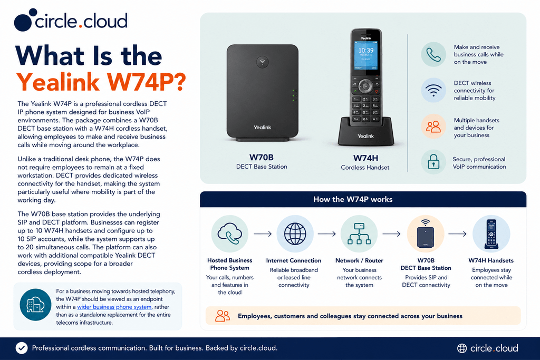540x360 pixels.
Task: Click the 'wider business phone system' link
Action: point(114,307)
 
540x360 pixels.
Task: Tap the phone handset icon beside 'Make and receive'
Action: point(433,54)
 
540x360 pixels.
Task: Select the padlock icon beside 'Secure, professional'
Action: point(433,161)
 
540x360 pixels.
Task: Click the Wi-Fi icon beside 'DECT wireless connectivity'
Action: point(433,91)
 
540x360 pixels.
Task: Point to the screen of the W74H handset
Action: point(366,55)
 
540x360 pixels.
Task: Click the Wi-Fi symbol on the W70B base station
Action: point(263,62)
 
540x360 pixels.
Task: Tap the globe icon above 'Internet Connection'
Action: point(295,233)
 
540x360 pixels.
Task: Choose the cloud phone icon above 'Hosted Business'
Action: point(229,233)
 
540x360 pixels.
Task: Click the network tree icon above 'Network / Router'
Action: point(359,233)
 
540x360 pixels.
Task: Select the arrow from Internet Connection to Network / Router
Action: point(326,234)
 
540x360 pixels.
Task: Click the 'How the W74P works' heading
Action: point(353,199)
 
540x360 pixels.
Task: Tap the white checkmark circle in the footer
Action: point(22,348)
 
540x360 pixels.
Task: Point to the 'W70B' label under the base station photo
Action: point(262,157)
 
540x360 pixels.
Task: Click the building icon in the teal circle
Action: point(35,305)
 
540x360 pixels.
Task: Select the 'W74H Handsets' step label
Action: point(491,260)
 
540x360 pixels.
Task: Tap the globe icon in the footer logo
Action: point(462,348)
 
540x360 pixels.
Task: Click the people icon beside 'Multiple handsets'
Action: point(433,127)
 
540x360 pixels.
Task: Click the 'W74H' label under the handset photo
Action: point(365,158)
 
